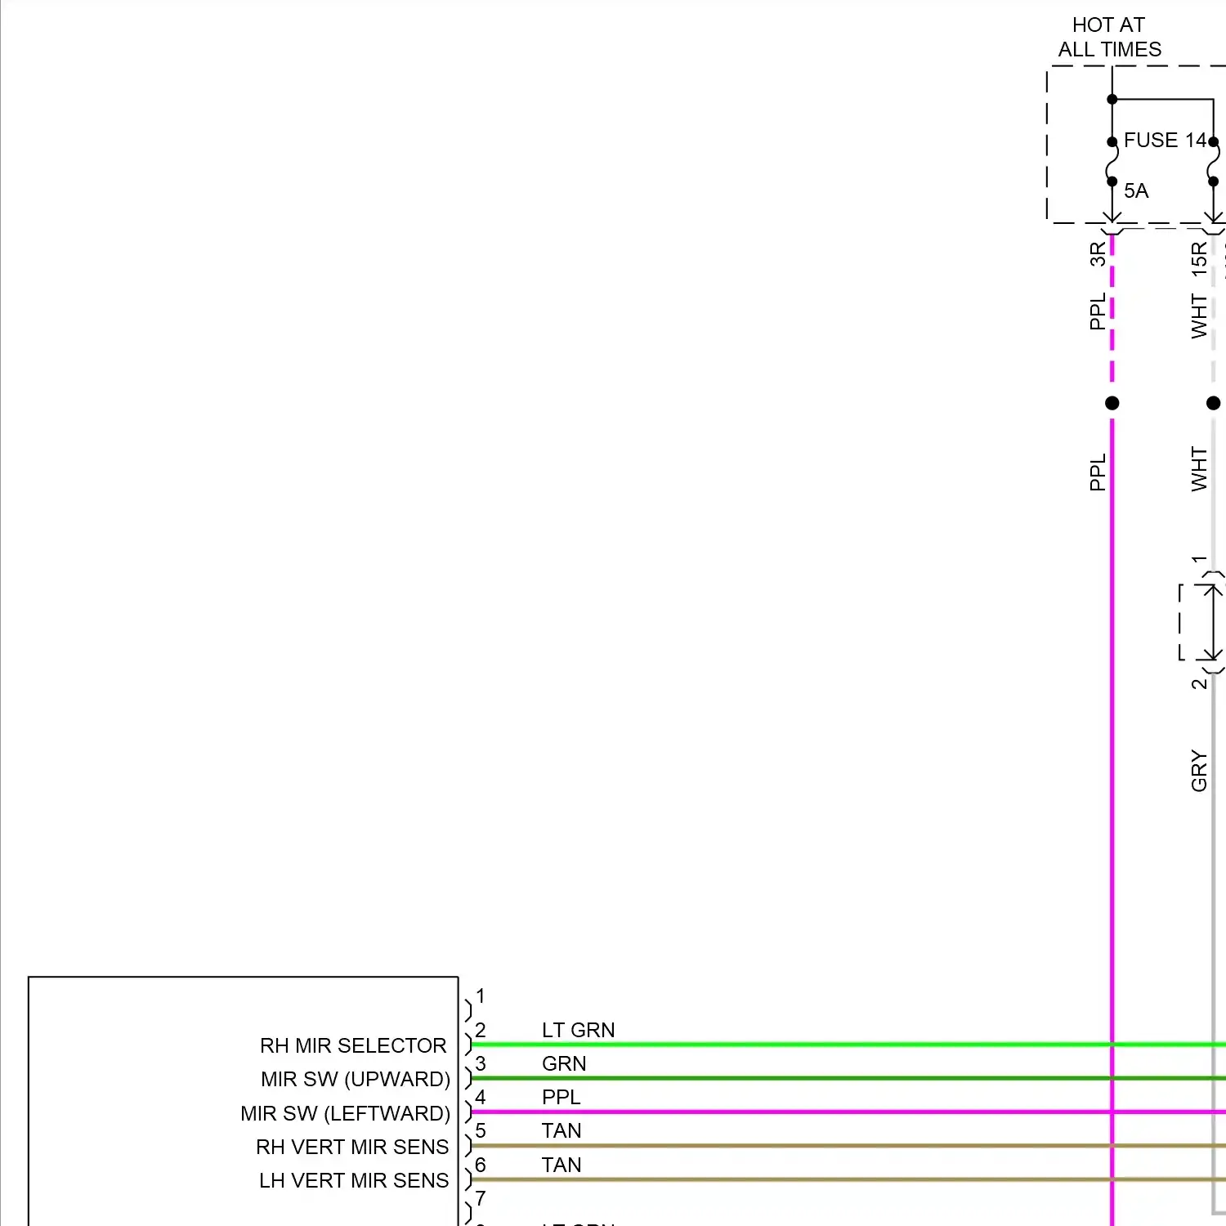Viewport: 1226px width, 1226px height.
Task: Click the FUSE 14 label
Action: (x=1164, y=141)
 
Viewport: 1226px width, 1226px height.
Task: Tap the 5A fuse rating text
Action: (x=1136, y=191)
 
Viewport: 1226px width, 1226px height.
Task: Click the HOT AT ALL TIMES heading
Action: (x=1109, y=38)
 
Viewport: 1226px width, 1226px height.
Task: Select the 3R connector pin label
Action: (x=1098, y=254)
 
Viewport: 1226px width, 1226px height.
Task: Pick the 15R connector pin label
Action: (x=1199, y=258)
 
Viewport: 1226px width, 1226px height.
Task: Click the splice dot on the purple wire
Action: (x=1112, y=403)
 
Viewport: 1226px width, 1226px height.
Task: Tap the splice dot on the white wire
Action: (x=1213, y=403)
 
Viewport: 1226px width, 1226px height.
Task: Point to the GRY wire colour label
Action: (x=1199, y=771)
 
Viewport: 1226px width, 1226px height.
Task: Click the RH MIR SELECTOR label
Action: (x=353, y=1046)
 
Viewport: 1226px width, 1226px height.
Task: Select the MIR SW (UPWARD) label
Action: (x=356, y=1080)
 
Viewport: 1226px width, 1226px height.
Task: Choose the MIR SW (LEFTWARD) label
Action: (x=345, y=1114)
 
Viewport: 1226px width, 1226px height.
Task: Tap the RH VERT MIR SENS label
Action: (x=352, y=1148)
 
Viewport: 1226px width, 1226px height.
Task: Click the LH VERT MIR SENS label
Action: (x=354, y=1181)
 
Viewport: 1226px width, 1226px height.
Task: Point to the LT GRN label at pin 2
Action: (x=578, y=1031)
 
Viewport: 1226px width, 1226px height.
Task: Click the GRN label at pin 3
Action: (x=564, y=1064)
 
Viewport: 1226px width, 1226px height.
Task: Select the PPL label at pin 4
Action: (x=561, y=1098)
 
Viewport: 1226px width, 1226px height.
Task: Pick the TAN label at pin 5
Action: (x=561, y=1131)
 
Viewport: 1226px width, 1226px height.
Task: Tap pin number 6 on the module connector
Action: (x=481, y=1166)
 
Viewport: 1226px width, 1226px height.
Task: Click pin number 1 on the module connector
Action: (x=481, y=996)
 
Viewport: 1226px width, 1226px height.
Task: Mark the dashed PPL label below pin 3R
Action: (x=1098, y=311)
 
